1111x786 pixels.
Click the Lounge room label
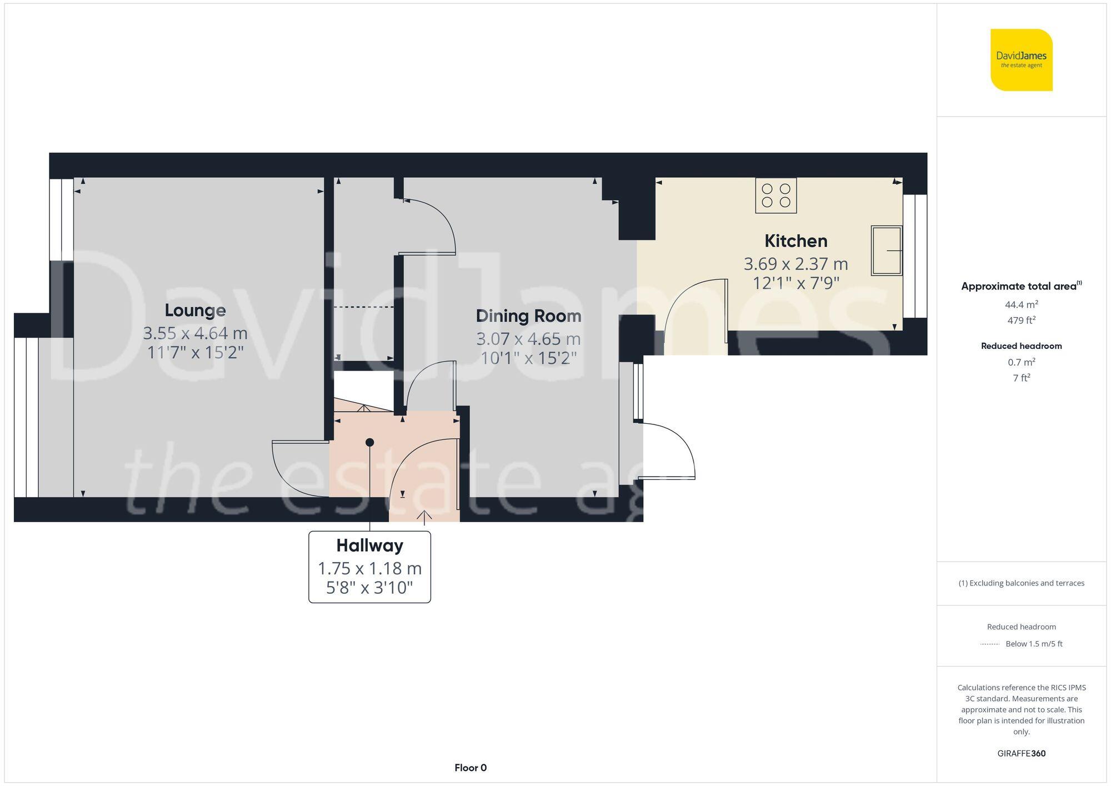(x=195, y=310)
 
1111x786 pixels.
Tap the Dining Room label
(x=528, y=316)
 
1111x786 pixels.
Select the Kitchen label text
(x=795, y=241)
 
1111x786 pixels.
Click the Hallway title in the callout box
(x=369, y=545)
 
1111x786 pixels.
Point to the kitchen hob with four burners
(x=775, y=196)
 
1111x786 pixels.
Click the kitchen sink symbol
(x=886, y=251)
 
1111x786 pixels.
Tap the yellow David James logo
(x=1021, y=60)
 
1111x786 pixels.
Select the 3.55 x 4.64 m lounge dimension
(x=195, y=333)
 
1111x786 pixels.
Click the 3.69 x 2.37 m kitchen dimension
(x=795, y=263)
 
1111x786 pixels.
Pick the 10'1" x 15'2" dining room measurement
(x=528, y=358)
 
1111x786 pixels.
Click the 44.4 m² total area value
(x=1021, y=304)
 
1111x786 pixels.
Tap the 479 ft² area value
(x=1021, y=321)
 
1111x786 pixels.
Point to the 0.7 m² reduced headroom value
(x=1021, y=362)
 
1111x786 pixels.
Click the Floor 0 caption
(x=470, y=768)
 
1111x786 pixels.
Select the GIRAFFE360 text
(x=1021, y=753)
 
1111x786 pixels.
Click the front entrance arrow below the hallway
(x=424, y=517)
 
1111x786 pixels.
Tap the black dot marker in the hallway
(x=369, y=442)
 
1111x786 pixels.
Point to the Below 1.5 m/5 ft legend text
(x=1033, y=644)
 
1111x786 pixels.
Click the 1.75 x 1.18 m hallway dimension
(x=369, y=568)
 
